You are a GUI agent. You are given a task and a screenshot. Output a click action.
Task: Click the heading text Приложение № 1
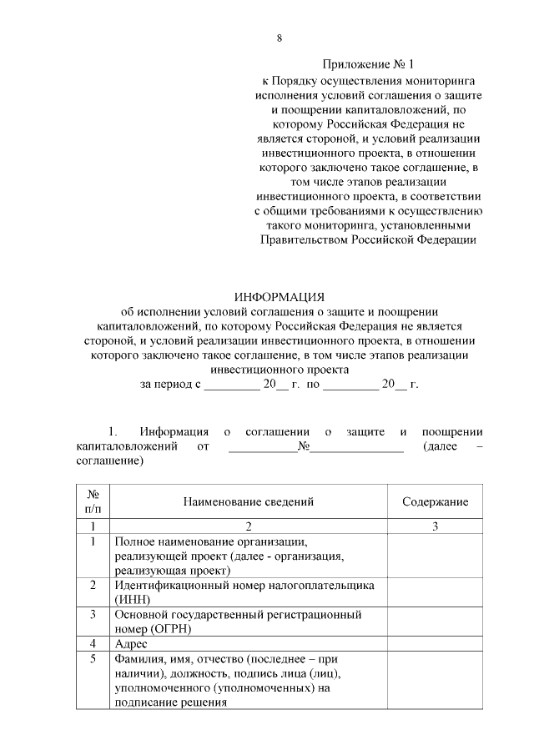point(367,64)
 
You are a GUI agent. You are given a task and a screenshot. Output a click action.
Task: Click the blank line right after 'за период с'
point(232,385)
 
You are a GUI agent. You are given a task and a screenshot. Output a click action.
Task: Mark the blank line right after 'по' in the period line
point(350,385)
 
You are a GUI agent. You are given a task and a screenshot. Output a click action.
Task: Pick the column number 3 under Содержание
point(435,526)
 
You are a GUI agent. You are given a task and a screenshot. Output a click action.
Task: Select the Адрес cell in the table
point(131,644)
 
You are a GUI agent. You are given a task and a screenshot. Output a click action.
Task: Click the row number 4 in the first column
point(93,644)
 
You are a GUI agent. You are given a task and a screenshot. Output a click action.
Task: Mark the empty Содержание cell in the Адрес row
point(435,644)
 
